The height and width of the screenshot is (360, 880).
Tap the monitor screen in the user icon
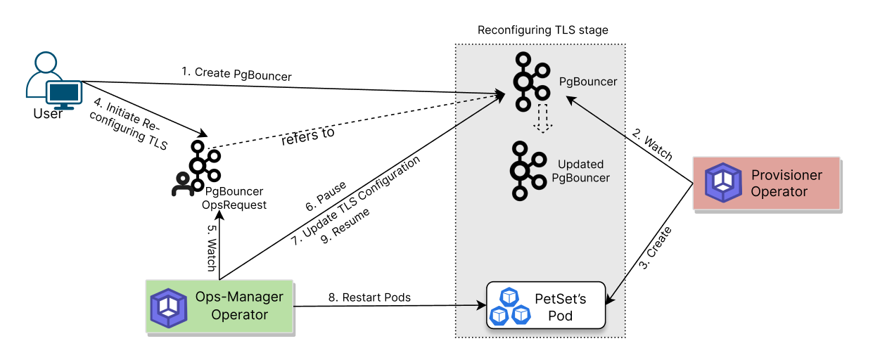pos(64,92)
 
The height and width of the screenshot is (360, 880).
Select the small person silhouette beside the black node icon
pos(183,185)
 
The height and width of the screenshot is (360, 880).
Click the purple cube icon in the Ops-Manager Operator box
pos(169,307)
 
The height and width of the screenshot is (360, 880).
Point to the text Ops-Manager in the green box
pos(239,297)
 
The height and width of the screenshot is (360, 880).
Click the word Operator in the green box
pos(239,315)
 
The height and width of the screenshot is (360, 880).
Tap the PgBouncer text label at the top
pos(588,82)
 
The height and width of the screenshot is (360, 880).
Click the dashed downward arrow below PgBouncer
pos(542,118)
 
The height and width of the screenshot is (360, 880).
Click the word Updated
pos(580,165)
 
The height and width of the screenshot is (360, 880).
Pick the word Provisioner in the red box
pos(786,175)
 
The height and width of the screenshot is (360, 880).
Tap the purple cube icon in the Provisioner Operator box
pos(723,183)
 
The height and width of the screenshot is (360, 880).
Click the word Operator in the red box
pos(779,192)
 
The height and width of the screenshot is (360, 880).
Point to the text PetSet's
pos(561,298)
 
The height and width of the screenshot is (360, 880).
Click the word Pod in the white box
pos(561,316)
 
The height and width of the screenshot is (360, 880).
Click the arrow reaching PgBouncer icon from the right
pos(595,116)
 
